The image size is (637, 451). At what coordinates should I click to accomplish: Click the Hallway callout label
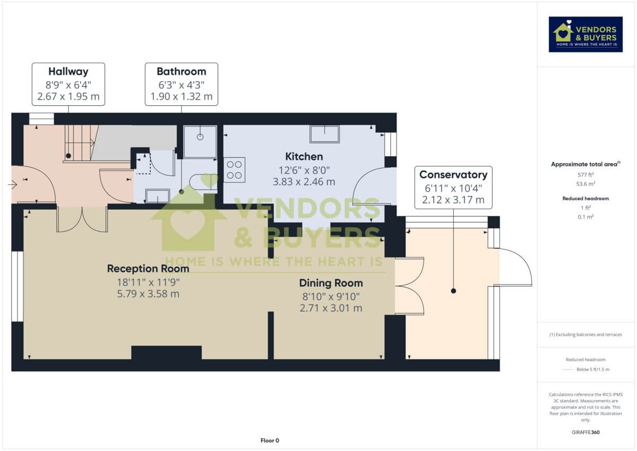[68, 84]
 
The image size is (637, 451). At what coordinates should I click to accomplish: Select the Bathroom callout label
[181, 84]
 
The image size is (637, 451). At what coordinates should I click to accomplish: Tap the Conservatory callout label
[453, 187]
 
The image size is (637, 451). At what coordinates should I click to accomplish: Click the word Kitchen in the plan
[304, 157]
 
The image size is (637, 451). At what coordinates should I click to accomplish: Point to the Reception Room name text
[148, 269]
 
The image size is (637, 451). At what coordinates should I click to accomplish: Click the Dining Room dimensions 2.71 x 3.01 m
[331, 308]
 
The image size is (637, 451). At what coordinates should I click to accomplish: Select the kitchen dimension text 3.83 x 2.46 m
[304, 182]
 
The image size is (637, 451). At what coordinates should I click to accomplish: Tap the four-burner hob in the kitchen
[234, 169]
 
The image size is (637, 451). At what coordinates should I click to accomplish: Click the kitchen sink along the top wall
[324, 134]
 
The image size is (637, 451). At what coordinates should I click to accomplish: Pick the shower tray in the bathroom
[200, 141]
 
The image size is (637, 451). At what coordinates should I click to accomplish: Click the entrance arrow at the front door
[12, 184]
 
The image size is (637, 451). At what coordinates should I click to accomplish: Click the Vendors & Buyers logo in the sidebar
[586, 35]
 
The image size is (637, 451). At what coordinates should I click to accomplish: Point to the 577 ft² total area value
[586, 174]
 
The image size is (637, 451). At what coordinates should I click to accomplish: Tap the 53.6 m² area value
[586, 184]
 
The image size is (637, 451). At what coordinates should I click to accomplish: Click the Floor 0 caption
[270, 440]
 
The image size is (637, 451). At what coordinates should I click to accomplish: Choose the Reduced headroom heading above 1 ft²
[586, 198]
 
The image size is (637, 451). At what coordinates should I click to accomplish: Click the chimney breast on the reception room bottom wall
[166, 353]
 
